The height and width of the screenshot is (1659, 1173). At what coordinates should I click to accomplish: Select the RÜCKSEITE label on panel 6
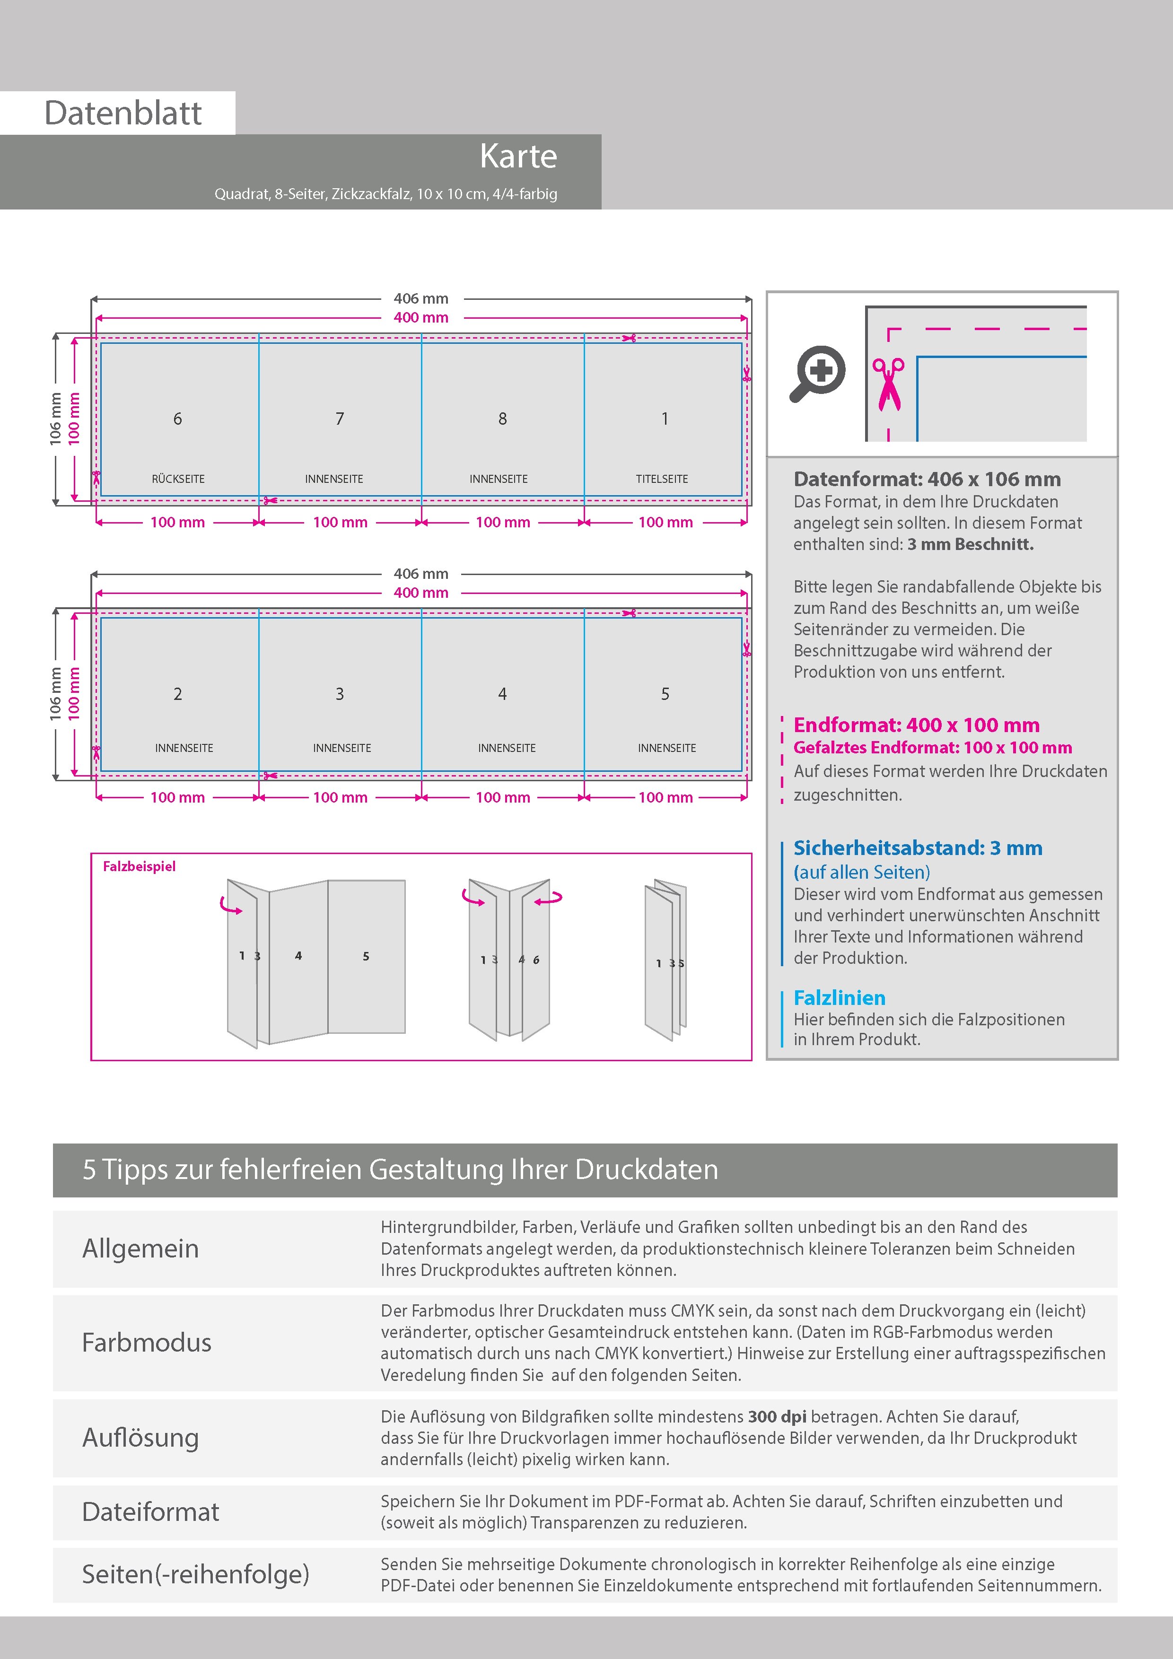tap(178, 479)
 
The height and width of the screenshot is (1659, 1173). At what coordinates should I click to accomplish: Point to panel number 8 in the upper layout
tap(502, 419)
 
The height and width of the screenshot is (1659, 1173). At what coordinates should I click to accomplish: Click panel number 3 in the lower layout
tap(340, 694)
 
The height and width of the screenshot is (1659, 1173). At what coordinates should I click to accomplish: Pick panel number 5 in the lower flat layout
tap(665, 694)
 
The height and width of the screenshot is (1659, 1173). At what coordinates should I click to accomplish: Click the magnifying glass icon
tap(817, 373)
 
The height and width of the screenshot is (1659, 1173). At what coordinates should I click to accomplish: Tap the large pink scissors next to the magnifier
tap(888, 384)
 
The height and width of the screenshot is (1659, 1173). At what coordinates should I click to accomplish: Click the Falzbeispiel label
tap(139, 866)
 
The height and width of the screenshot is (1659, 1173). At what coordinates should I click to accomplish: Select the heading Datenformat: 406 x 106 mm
tap(927, 479)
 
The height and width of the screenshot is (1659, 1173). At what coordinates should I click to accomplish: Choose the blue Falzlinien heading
tap(839, 998)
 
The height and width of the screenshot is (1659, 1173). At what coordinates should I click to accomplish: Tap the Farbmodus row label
tap(147, 1343)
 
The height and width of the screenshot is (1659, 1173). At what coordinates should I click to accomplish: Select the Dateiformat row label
tap(150, 1511)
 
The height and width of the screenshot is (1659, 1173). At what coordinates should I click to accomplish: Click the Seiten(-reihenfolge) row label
tap(195, 1574)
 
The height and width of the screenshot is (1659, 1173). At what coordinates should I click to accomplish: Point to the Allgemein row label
tap(140, 1249)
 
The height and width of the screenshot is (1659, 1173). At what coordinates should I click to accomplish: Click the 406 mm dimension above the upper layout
tap(420, 298)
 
